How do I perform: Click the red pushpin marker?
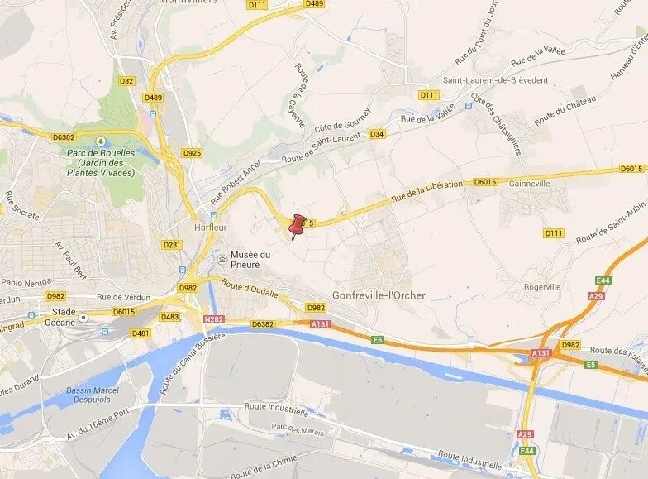[x=298, y=224]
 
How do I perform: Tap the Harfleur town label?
[x=212, y=227]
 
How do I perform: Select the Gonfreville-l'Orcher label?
[x=379, y=295]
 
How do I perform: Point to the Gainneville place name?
[x=530, y=183]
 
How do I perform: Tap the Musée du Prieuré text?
[x=250, y=259]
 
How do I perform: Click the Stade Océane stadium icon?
[x=83, y=317]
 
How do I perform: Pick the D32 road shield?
[x=126, y=81]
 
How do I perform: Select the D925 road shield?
[x=192, y=153]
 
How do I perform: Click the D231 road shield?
[x=172, y=244]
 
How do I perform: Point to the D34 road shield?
[x=377, y=133]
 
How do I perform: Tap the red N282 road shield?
[x=213, y=318]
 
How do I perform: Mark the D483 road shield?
[x=169, y=316]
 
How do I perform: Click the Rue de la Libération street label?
[x=426, y=192]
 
